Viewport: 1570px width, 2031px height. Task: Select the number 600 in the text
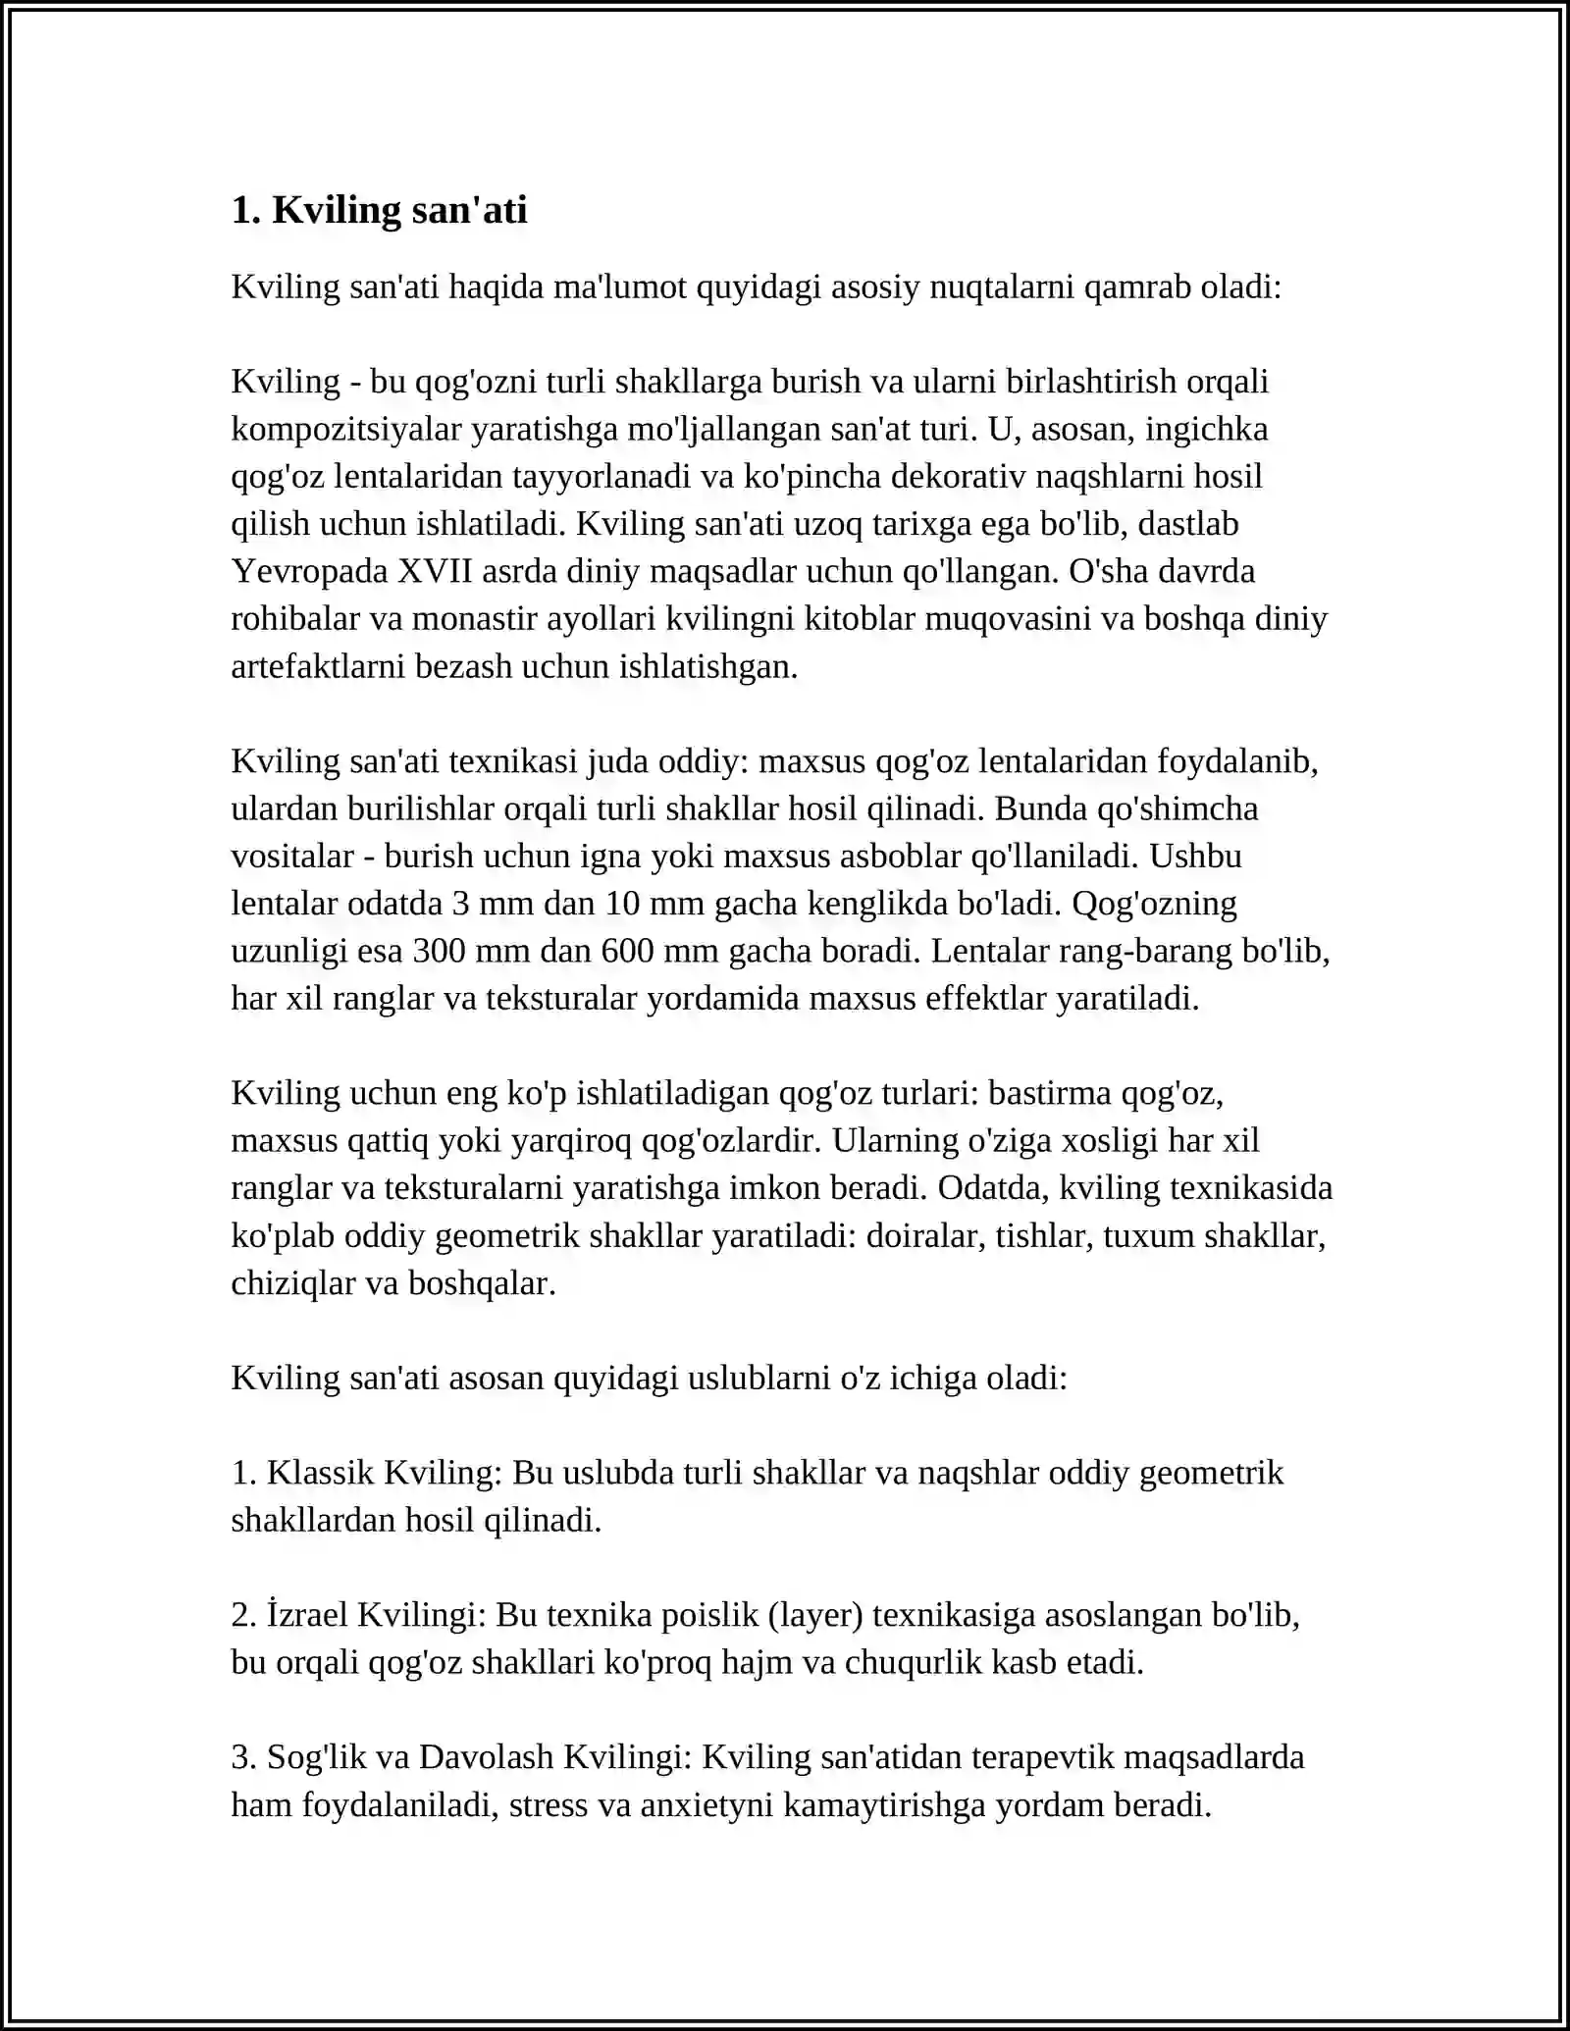coord(629,951)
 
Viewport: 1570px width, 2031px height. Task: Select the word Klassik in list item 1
coord(320,1473)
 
